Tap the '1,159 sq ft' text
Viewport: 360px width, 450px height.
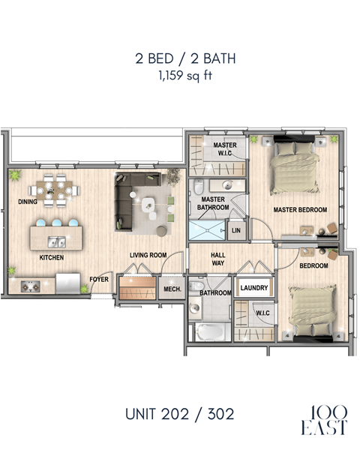point(179,76)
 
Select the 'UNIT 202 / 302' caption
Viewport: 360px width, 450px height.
point(179,414)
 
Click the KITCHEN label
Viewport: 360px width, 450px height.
point(52,257)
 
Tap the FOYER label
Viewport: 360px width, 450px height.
point(100,280)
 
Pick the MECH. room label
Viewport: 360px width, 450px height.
point(172,289)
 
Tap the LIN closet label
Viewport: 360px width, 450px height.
point(236,231)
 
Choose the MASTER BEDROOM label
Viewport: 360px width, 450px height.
point(299,211)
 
